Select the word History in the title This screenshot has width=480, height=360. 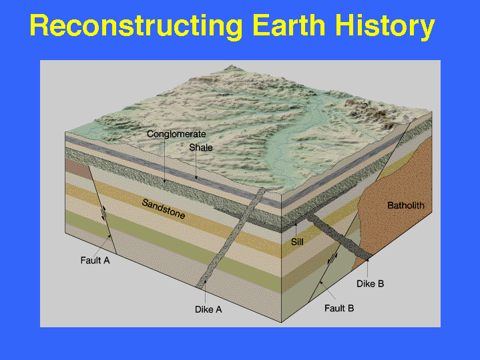tap(385, 27)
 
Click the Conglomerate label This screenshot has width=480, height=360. tap(176, 134)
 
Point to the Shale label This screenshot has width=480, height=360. tap(201, 148)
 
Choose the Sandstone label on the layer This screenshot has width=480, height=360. tap(164, 208)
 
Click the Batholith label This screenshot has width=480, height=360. tap(406, 205)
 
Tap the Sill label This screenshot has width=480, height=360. tap(297, 242)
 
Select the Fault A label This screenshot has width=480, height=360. tap(95, 260)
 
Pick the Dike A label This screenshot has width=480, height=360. tap(208, 309)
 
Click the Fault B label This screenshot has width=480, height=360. tap(339, 308)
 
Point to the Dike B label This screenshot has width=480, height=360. tap(370, 284)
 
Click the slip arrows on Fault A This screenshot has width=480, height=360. tap(104, 214)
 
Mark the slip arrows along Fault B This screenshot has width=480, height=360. tap(332, 258)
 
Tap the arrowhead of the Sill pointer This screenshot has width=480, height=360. tap(296, 224)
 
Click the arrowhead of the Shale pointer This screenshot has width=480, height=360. tap(196, 178)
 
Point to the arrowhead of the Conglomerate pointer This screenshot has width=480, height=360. tap(165, 181)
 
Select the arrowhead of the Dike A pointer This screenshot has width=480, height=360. tap(205, 281)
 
